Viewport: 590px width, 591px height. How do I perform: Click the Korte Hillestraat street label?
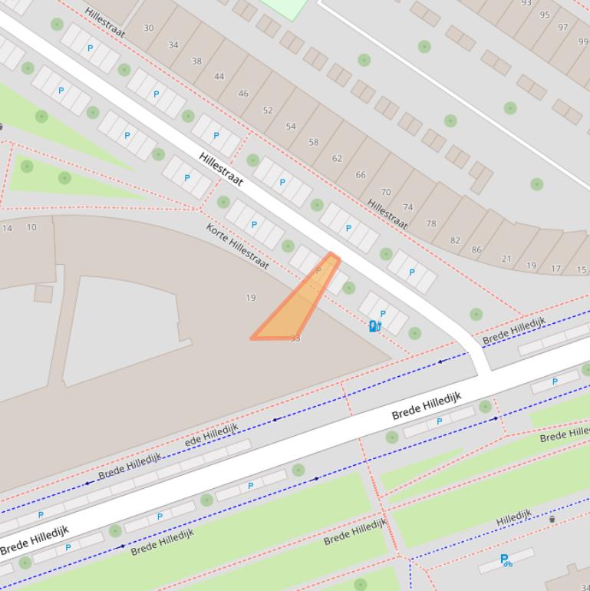[x=237, y=246]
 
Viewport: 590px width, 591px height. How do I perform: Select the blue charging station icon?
[x=374, y=326]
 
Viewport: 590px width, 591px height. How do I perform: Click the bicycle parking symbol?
[x=506, y=560]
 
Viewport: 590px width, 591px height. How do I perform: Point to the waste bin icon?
[x=552, y=520]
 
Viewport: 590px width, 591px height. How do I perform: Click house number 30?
[x=148, y=28]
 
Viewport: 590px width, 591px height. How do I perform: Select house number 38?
[x=196, y=61]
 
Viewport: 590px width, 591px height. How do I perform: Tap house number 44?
[x=219, y=77]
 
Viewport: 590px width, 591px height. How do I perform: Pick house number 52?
[x=268, y=111]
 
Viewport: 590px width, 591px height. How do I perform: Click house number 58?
[x=314, y=143]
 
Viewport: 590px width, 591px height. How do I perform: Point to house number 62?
[x=337, y=159]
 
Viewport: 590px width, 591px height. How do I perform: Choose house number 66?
[x=361, y=175]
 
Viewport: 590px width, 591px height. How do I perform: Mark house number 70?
[x=386, y=193]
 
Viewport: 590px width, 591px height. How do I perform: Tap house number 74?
[x=408, y=207]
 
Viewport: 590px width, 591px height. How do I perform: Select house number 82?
[x=455, y=240]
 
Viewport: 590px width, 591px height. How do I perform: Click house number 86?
[x=476, y=250]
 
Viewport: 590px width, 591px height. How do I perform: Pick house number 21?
[x=506, y=259]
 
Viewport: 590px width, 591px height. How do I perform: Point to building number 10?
[x=31, y=227]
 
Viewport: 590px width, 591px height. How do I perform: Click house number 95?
[x=545, y=15]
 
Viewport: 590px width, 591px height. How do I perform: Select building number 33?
[x=295, y=338]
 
